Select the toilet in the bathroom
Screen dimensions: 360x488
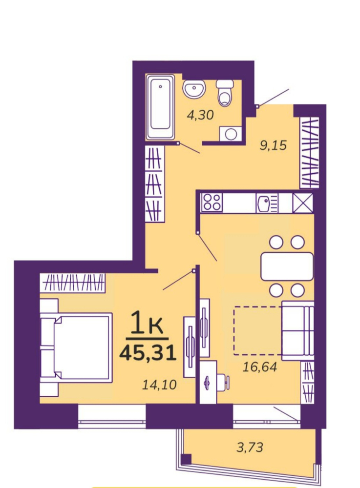click(225, 92)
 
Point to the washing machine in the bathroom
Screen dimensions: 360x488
click(231, 134)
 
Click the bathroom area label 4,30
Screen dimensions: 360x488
click(200, 115)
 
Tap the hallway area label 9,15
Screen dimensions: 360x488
click(273, 145)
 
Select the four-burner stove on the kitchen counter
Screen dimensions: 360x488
click(212, 203)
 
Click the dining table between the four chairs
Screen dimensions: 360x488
click(287, 266)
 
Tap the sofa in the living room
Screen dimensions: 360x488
click(297, 330)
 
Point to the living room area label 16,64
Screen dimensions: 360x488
click(260, 367)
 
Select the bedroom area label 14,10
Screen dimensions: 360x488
click(159, 385)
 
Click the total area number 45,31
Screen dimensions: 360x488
click(148, 353)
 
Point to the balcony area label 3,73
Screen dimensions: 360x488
click(250, 447)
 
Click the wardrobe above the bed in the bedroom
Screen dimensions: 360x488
click(73, 283)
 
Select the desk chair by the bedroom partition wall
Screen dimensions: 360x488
click(223, 383)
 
